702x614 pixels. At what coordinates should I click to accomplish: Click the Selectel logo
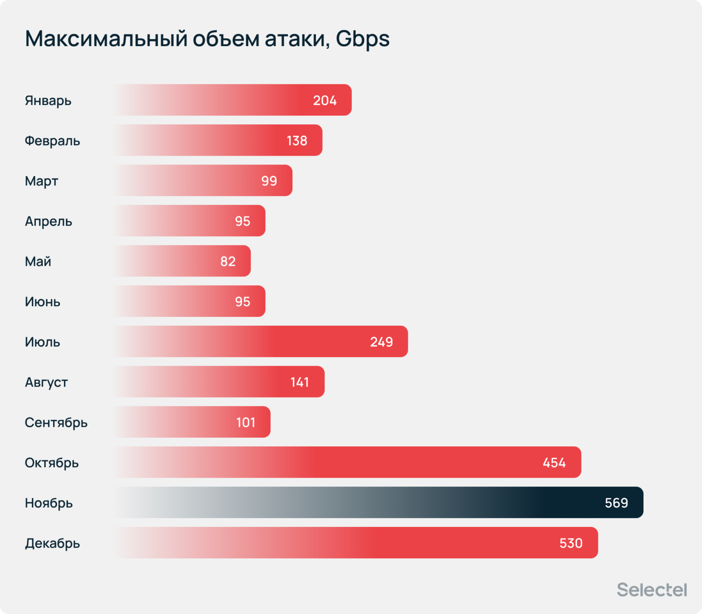[x=651, y=590]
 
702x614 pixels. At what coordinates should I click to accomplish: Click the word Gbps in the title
[x=362, y=39]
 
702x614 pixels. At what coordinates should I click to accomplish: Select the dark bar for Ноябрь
[x=377, y=503]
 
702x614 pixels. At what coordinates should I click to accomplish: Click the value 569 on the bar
[x=616, y=503]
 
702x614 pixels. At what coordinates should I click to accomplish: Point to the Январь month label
[x=48, y=100]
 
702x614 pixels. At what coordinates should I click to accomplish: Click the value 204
[x=325, y=100]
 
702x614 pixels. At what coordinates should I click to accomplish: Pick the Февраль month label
[x=52, y=140]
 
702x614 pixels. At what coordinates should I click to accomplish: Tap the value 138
[x=296, y=140]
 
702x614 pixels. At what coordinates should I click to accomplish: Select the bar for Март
[x=203, y=181]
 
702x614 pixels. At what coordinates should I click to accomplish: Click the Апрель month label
[x=48, y=221]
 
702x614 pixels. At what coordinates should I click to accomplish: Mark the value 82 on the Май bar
[x=227, y=261]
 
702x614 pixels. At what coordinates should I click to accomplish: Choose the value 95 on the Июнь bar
[x=242, y=302]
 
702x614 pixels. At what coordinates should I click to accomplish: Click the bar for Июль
[x=260, y=342]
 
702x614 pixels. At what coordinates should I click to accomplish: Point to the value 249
[x=381, y=342]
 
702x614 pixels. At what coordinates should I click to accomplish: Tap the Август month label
[x=46, y=382]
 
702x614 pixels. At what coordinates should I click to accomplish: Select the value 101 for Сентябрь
[x=245, y=422]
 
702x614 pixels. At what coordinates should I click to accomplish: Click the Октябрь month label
[x=52, y=462]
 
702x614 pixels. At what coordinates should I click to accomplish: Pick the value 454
[x=554, y=462]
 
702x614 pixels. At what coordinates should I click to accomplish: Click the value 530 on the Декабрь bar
[x=571, y=543]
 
